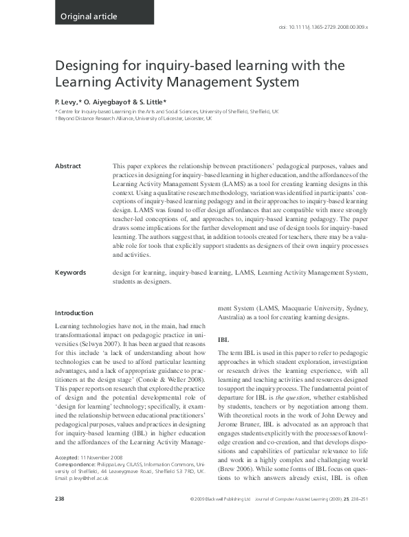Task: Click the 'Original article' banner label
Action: pos(89,16)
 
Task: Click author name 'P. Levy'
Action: pos(69,100)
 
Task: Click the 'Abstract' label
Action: pos(68,166)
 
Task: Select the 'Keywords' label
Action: pos(71,273)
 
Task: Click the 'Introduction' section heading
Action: pos(74,313)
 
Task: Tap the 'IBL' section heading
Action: pos(223,339)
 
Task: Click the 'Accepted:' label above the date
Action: pos(68,476)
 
